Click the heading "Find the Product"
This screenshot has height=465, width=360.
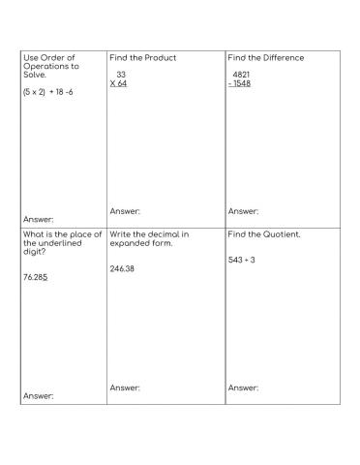tap(142, 58)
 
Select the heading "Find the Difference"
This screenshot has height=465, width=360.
tap(265, 58)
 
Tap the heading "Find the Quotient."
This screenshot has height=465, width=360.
tap(264, 234)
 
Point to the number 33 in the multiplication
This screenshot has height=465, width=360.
tap(121, 75)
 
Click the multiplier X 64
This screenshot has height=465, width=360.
tap(119, 83)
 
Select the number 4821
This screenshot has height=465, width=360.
tap(241, 75)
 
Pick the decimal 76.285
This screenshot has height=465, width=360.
tap(37, 277)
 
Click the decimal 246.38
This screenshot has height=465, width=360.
tap(122, 268)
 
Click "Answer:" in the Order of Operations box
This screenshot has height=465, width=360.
tap(38, 220)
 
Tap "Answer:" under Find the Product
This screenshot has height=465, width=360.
tap(125, 211)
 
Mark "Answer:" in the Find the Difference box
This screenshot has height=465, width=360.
tap(244, 211)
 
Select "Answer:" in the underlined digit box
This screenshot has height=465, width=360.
tap(38, 396)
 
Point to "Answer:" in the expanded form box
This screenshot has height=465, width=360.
tap(125, 387)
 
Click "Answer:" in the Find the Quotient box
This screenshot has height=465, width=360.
tap(244, 387)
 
